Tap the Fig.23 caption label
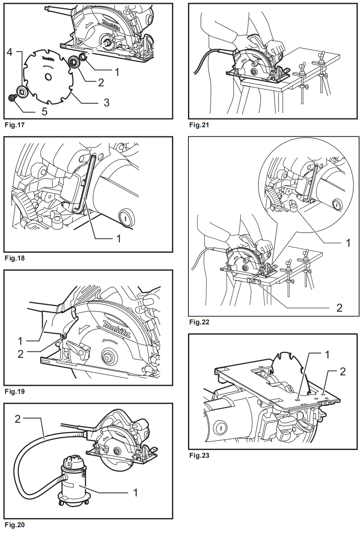point(198,455)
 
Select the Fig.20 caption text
point(14,525)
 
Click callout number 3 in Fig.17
point(107,102)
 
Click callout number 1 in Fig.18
point(118,239)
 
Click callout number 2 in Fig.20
point(17,419)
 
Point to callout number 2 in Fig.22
point(339,308)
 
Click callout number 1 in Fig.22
point(347,243)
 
